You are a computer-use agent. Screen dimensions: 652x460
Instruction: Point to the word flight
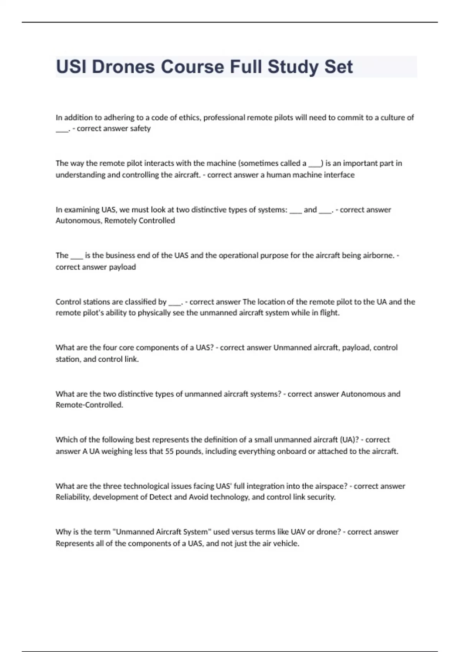329,313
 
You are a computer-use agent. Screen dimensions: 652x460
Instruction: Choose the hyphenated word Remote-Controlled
89,405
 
